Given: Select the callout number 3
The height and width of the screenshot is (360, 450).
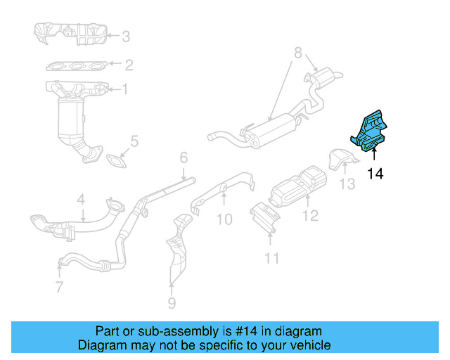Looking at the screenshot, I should point(125,37).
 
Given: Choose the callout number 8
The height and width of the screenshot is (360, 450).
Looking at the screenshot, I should point(297,52).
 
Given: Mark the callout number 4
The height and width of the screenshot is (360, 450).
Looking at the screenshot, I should point(81,200).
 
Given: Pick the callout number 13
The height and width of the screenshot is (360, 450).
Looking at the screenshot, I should point(347,184).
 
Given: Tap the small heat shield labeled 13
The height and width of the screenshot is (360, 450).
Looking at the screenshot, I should point(340,160).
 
